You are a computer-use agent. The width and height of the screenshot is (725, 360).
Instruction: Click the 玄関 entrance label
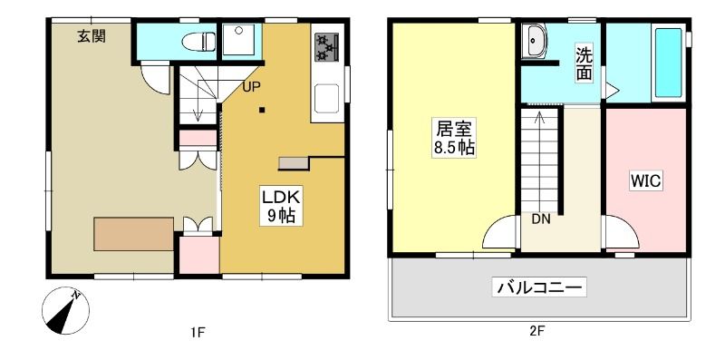coord(92,36)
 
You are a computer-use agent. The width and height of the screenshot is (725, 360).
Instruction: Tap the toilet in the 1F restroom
coord(198,41)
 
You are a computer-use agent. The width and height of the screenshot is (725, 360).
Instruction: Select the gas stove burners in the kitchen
coord(327,47)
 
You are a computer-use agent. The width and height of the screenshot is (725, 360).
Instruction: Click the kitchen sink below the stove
coord(326,98)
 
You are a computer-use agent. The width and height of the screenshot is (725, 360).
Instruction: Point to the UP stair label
coord(251,86)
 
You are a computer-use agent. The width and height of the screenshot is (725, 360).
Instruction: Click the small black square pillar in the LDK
coord(262,110)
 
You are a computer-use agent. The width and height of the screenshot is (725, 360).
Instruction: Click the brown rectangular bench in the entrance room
coord(133,234)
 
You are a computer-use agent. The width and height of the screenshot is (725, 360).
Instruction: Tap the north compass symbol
coord(65,310)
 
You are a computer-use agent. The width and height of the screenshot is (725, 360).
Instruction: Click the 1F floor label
coord(197,331)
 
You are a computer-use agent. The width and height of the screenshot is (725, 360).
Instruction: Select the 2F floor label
coord(536,331)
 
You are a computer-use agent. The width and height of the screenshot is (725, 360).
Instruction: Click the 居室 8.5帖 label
coord(454,138)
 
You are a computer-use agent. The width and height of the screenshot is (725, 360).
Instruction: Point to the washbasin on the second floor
coord(535,42)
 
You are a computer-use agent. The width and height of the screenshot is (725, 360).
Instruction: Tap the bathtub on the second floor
coord(668,63)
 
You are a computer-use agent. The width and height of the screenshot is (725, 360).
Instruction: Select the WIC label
coord(646,181)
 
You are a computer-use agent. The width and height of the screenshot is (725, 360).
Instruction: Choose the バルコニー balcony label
coord(539,287)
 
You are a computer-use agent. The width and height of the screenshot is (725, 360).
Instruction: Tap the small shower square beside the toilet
coord(238,40)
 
